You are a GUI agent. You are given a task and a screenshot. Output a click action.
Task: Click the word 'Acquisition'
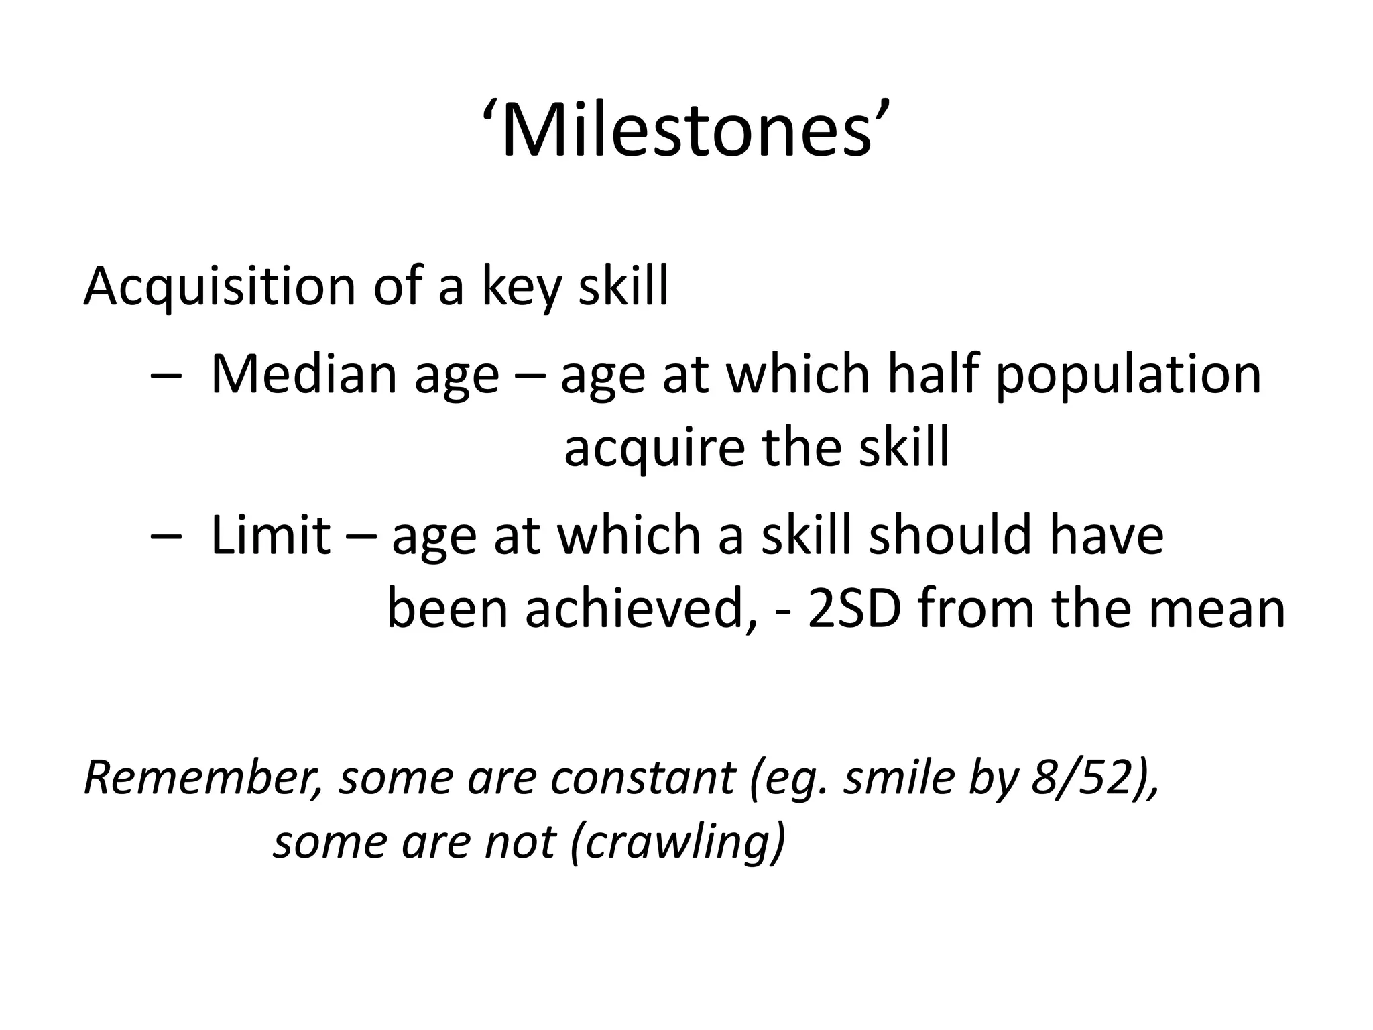coord(219,286)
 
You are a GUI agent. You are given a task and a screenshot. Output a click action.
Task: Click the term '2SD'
coord(852,610)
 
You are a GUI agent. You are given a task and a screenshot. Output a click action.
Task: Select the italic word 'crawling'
coord(678,842)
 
